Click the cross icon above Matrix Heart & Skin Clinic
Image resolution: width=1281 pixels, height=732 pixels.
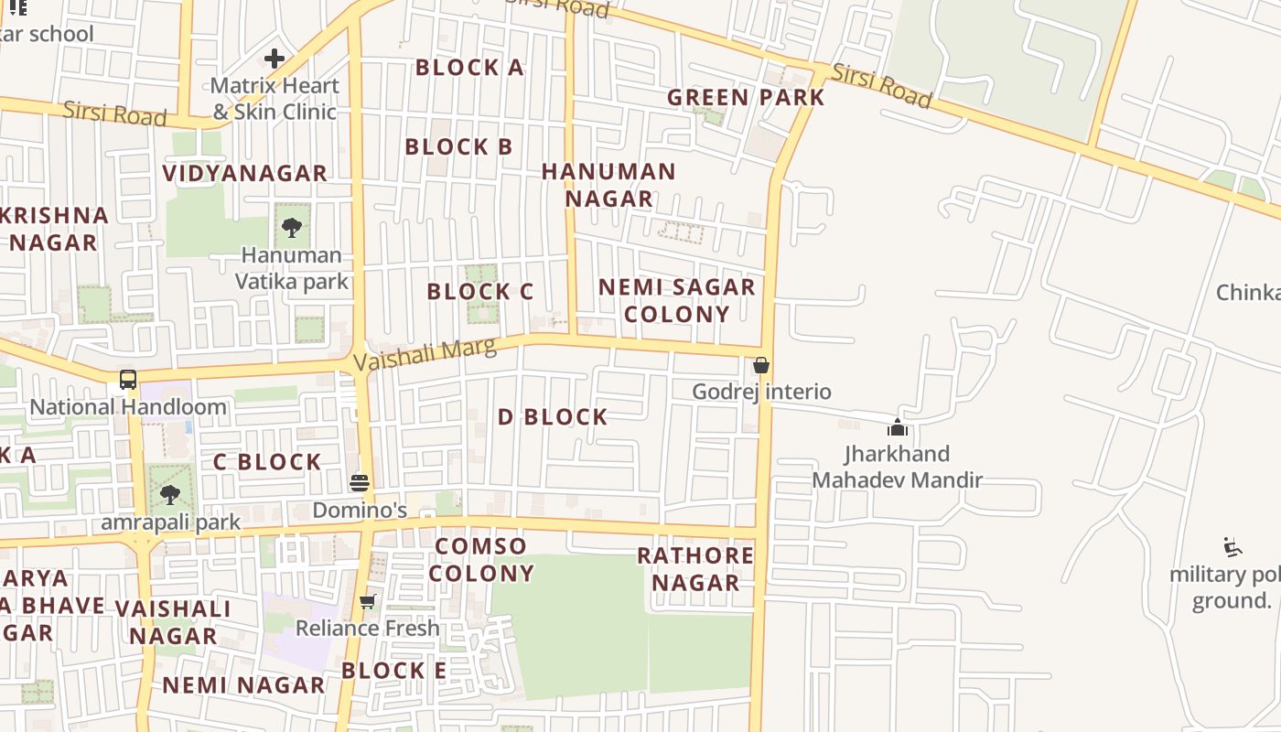tap(274, 59)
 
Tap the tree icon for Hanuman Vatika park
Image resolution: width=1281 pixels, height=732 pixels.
tap(292, 228)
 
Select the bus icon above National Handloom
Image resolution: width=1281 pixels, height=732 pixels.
tap(128, 380)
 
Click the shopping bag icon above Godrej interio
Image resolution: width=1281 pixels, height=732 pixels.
tap(760, 365)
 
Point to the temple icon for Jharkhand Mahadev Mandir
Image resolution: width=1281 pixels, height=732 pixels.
tap(898, 427)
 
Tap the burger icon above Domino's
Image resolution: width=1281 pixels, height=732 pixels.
tap(360, 482)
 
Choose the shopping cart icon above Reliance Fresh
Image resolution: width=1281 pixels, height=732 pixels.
tap(367, 601)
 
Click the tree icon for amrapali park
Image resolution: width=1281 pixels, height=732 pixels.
tap(169, 495)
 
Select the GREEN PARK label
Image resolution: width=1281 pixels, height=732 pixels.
tap(746, 97)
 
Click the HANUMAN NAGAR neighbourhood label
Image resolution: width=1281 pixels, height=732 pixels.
tap(608, 185)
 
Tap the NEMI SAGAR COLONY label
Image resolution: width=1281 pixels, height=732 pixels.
tap(676, 300)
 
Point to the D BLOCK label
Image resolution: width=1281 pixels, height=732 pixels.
tap(553, 417)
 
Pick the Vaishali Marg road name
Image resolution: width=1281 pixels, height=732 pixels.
tap(425, 353)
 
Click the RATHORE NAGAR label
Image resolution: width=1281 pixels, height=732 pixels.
tap(695, 569)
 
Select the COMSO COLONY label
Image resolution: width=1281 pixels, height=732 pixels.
tap(481, 560)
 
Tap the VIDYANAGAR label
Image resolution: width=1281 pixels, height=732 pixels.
tap(244, 173)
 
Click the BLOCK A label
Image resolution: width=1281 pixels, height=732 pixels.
tap(469, 67)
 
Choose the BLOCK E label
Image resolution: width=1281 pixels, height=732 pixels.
tap(394, 671)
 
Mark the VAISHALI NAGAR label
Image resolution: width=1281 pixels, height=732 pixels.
tap(173, 622)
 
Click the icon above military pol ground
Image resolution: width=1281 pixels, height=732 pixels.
tap(1233, 547)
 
